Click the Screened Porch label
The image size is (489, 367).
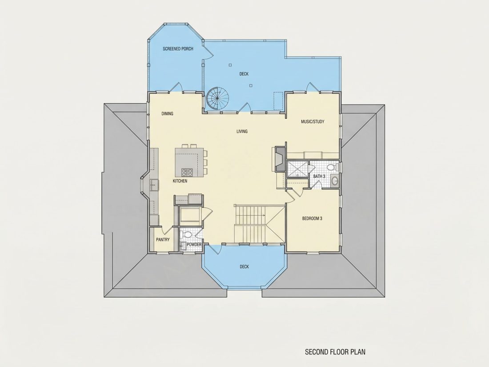(x=178, y=48)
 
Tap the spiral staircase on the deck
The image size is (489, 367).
(x=217, y=98)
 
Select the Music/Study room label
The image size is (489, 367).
(x=313, y=122)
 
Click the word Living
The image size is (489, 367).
(x=242, y=131)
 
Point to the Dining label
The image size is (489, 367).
(x=167, y=113)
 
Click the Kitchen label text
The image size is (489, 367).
(x=180, y=181)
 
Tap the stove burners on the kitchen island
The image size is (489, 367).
(x=187, y=172)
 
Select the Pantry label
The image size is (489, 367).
(x=163, y=240)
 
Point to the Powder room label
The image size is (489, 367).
(x=194, y=245)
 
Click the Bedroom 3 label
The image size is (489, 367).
(x=312, y=218)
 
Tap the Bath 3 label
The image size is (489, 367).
(x=319, y=176)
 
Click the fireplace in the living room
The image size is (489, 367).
(x=280, y=158)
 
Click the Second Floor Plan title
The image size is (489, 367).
(x=335, y=352)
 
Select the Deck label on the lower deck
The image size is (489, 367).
(x=244, y=266)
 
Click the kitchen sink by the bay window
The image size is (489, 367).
(x=154, y=185)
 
